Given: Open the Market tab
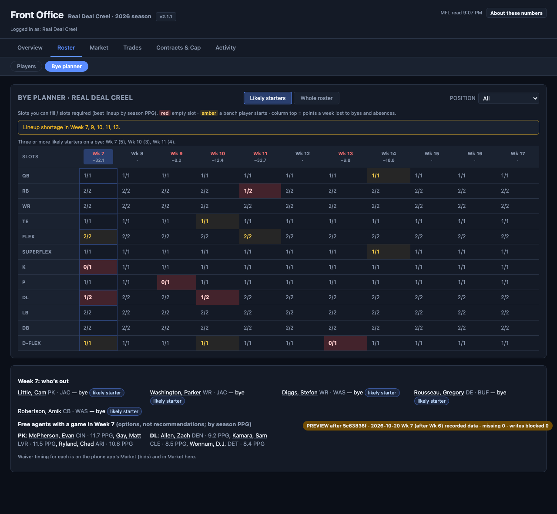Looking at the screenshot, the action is [99, 48].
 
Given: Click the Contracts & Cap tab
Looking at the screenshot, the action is [178, 48].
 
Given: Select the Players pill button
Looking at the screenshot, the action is [27, 67].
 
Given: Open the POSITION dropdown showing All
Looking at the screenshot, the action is [508, 98].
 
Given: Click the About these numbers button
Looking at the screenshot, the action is [517, 13].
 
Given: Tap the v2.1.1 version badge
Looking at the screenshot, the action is [166, 17].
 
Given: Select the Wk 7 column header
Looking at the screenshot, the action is [98, 157].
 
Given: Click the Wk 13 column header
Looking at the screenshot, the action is [346, 157].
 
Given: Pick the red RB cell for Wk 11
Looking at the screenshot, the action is [260, 191].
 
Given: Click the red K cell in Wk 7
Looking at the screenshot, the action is [98, 267].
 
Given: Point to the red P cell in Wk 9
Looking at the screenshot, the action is [176, 282].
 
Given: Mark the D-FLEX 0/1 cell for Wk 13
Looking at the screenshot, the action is [346, 343].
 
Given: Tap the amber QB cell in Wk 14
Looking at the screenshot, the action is [389, 176].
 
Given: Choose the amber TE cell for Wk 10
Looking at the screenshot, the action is [218, 221].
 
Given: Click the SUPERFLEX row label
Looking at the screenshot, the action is [37, 252].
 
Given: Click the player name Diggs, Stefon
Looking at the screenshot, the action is [299, 393].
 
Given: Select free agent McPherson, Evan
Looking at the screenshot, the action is [51, 435].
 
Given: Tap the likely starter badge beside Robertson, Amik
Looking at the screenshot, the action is [124, 411].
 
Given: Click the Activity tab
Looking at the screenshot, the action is [225, 48].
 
